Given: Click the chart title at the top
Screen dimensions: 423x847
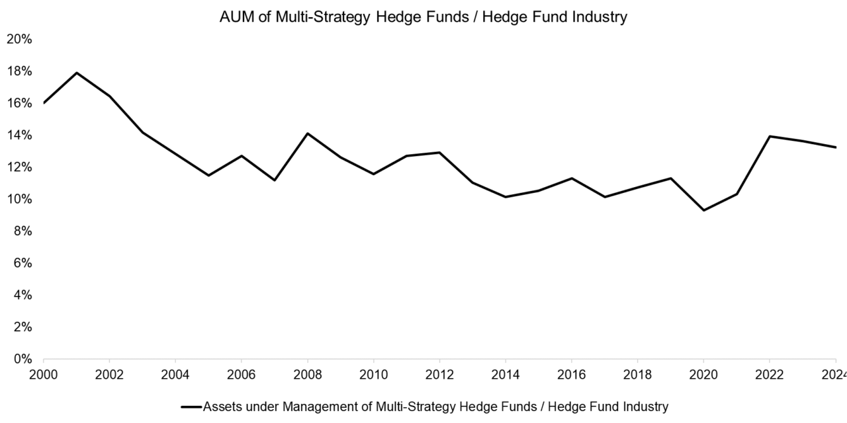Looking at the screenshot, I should pos(423,18).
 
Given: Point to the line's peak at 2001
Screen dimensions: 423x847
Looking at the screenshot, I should pos(77,73).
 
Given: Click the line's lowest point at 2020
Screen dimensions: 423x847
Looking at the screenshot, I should pos(704,210).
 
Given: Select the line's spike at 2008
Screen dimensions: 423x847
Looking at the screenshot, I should pos(308,134).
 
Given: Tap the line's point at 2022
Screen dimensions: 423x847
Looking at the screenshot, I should pos(770,136).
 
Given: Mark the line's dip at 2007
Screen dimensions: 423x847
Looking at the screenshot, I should pos(275,180).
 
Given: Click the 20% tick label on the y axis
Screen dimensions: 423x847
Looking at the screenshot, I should pos(19,39).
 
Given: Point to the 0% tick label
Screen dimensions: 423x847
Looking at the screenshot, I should pos(22,360).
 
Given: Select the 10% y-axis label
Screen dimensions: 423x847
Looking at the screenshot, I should pos(19,199).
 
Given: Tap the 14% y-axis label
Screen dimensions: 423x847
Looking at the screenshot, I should pos(19,135).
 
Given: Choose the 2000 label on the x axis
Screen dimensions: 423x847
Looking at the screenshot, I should pos(44,374).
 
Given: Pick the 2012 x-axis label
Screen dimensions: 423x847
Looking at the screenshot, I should pos(439,374).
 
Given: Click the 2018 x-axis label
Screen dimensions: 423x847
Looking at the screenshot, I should pos(637,374).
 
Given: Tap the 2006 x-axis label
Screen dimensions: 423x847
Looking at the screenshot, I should pos(242,374).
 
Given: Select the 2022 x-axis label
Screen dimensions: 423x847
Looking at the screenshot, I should pos(770,374).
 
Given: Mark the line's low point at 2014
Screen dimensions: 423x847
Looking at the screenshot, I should pos(506,197).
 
